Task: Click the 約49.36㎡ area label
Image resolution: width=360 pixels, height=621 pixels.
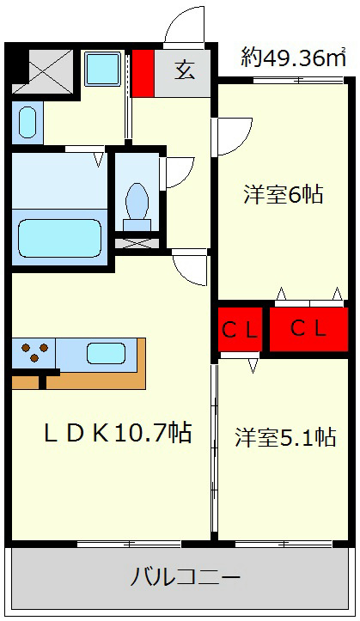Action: point(294,58)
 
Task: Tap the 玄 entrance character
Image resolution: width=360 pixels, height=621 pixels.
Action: point(185,70)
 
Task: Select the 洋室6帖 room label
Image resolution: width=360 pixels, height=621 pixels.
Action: point(284,194)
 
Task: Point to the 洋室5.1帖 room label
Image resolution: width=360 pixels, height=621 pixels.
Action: point(285,437)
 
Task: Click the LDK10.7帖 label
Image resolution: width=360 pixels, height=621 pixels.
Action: point(118,433)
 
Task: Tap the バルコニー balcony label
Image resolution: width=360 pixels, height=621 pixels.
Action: point(186,577)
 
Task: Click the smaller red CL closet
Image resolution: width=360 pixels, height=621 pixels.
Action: point(240,329)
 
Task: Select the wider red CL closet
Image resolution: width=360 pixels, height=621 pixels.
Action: point(308,329)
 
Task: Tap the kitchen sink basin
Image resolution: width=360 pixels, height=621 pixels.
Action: point(107,353)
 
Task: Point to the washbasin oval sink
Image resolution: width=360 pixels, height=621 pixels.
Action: point(27,122)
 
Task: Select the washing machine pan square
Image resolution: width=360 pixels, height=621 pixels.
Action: point(103,69)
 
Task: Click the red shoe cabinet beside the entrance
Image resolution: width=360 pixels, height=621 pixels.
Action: point(143,73)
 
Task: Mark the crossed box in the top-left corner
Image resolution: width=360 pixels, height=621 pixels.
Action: point(42,71)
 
